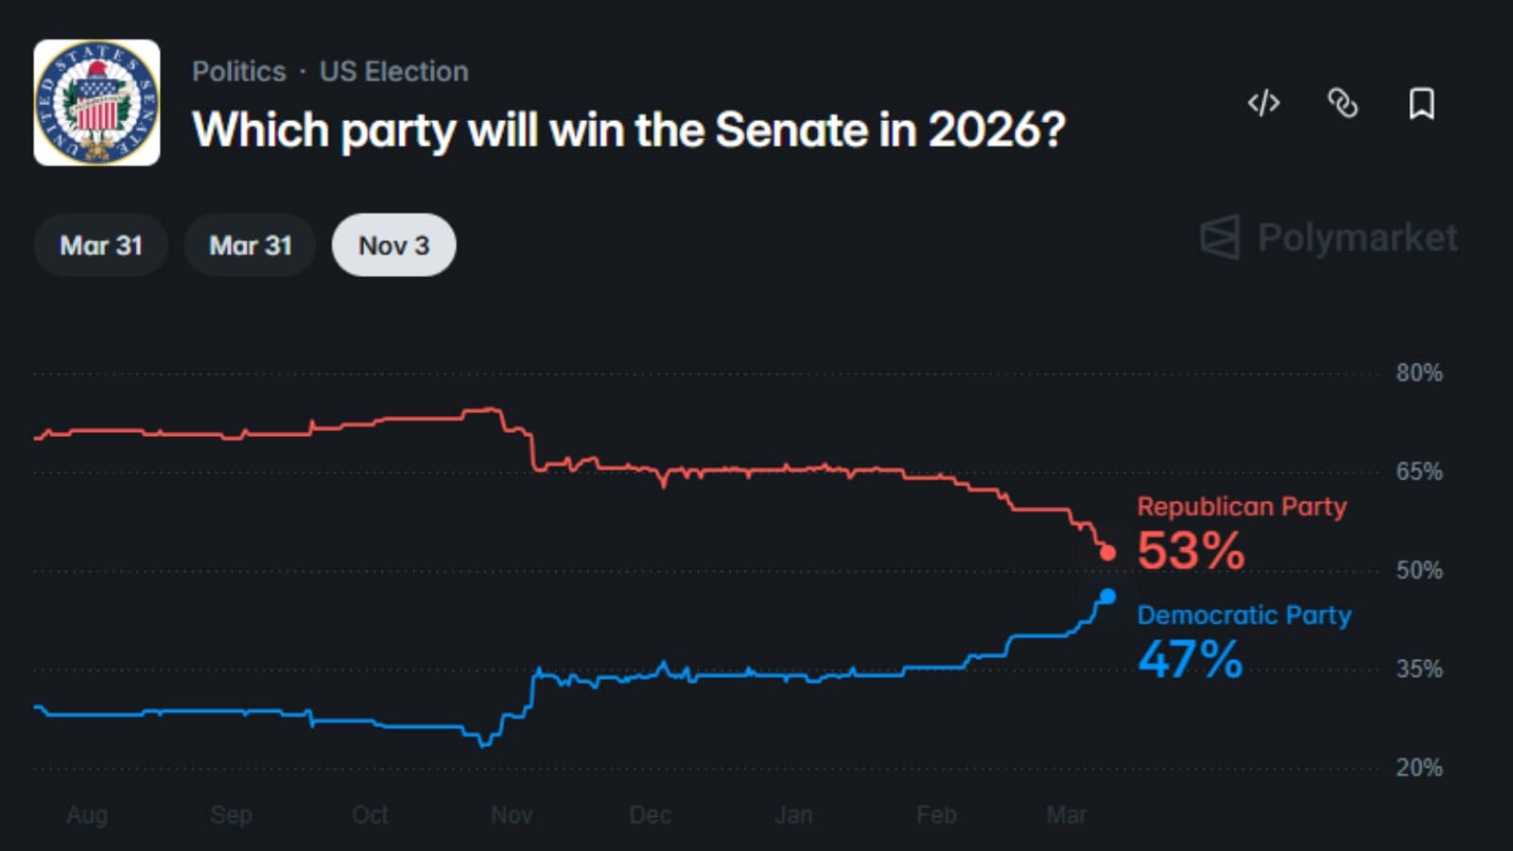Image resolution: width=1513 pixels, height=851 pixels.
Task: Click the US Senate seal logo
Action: tap(96, 102)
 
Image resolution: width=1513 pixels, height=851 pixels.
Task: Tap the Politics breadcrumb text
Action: tap(238, 72)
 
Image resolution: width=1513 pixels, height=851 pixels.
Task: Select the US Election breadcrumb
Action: tap(393, 72)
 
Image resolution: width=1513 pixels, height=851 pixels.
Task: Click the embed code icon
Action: tap(1263, 103)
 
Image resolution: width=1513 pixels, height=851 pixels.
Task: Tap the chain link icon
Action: tap(1343, 103)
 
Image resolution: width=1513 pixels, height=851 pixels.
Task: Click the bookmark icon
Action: tap(1421, 103)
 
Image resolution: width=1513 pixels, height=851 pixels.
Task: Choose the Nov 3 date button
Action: tap(393, 246)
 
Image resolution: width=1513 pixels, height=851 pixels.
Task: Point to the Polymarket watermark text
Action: tap(1356, 237)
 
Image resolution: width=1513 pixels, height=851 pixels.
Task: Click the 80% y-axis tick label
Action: tap(1418, 373)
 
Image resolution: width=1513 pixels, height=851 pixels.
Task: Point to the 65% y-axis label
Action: tap(1418, 472)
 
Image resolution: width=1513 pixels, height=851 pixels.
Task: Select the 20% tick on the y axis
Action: tap(1418, 768)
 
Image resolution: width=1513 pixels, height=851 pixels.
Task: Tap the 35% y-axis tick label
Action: tap(1418, 669)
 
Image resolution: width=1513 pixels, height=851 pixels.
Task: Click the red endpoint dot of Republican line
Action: tap(1108, 553)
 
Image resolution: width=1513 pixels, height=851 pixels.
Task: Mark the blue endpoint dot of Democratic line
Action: tap(1108, 597)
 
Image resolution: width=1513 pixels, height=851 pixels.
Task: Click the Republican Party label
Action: tap(1242, 507)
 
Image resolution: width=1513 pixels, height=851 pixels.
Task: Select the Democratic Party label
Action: tap(1243, 616)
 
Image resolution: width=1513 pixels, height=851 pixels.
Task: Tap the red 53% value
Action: tap(1191, 551)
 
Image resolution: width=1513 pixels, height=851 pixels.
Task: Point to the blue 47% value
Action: tap(1190, 660)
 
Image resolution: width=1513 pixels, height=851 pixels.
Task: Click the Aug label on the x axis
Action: tap(87, 815)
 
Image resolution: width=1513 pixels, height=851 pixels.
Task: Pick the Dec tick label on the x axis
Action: tap(650, 815)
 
